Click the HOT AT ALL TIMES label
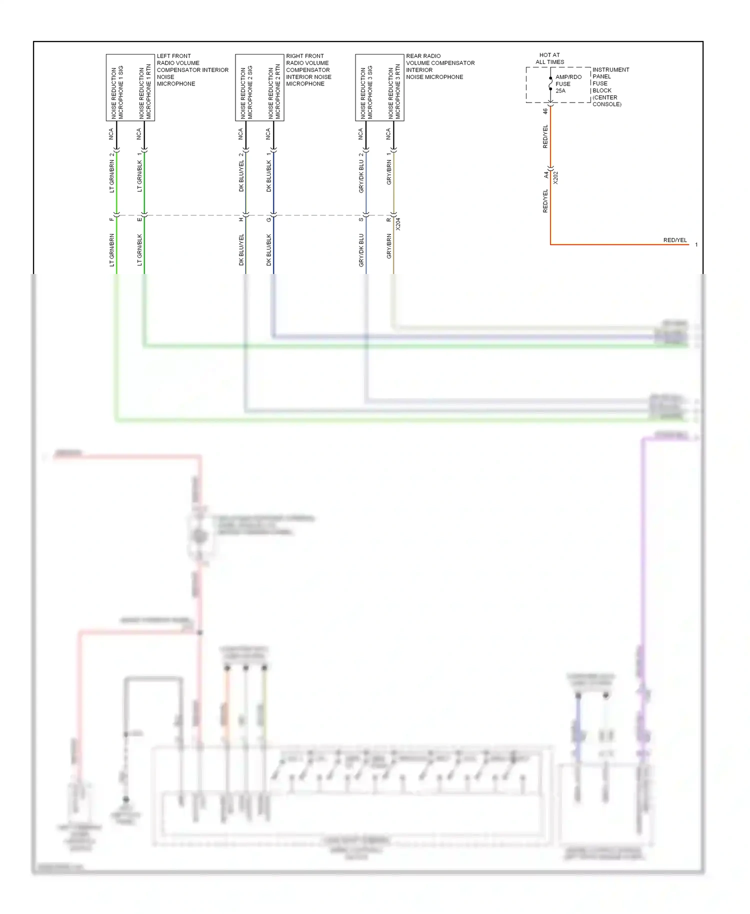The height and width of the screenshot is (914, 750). (x=549, y=58)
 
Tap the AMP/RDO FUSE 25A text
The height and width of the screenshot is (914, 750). (x=568, y=84)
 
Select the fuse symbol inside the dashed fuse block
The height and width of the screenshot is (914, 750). (x=550, y=84)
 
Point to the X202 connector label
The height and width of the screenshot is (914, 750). (x=555, y=177)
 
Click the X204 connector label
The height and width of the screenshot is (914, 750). (x=398, y=223)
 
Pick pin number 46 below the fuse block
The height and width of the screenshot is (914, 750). (x=545, y=111)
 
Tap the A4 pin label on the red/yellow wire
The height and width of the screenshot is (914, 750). (x=546, y=174)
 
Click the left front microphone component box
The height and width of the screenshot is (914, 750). (x=130, y=87)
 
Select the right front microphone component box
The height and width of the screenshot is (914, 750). (x=259, y=87)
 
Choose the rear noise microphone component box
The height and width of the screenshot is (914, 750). (x=379, y=87)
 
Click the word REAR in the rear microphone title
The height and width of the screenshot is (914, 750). (x=413, y=56)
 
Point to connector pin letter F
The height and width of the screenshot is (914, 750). (x=111, y=219)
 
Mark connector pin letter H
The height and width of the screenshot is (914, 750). (x=241, y=219)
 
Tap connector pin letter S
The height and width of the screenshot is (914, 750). (x=361, y=219)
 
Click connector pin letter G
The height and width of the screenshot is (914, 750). (x=268, y=219)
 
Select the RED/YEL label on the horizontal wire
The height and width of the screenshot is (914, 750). (x=675, y=240)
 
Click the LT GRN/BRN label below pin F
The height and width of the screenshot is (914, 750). (x=111, y=249)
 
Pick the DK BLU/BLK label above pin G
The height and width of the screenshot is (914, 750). (x=268, y=176)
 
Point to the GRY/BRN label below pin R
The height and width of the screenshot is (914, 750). (x=388, y=246)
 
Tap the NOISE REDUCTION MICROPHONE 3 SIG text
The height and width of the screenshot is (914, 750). (x=366, y=92)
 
